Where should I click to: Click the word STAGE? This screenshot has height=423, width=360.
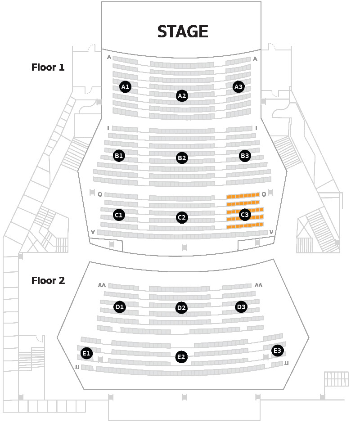183,31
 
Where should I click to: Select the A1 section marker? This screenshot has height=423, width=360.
125,87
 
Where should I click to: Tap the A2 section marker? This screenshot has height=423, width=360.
182,96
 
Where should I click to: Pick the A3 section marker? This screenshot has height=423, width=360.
238,87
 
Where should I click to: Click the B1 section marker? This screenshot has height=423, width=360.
119,156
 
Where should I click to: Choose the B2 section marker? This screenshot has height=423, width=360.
182,158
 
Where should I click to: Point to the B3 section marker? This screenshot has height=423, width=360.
245,156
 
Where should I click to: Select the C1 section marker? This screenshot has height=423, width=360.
119,215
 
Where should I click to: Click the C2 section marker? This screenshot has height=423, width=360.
182,217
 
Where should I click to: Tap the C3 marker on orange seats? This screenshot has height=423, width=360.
245,215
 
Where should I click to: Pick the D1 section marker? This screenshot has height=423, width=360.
120,307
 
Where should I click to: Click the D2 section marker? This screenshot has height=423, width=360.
181,308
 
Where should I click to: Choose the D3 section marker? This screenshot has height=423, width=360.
241,307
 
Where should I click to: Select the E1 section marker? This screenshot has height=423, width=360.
86,353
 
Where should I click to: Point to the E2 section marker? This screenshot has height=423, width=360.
181,357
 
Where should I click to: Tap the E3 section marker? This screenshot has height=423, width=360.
277,351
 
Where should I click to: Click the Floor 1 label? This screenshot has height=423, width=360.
48,67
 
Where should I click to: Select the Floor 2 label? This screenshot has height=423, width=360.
48,280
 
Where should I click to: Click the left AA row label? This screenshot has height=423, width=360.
102,285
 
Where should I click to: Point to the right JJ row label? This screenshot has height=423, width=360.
286,363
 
